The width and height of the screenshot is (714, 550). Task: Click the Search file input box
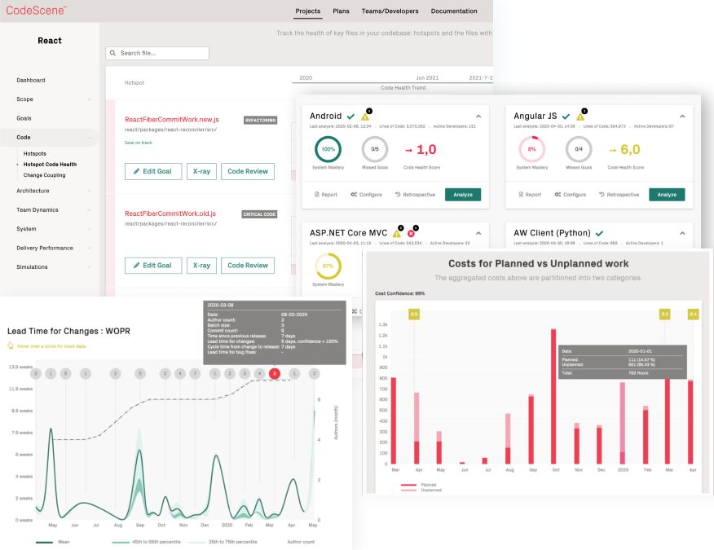pyautogui.click(x=157, y=53)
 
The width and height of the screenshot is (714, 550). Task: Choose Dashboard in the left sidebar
pyautogui.click(x=31, y=80)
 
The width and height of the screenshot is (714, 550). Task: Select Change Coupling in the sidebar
pyautogui.click(x=44, y=175)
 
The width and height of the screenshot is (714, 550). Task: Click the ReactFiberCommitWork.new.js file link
pyautogui.click(x=170, y=120)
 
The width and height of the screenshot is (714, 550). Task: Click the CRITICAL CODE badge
pyautogui.click(x=259, y=214)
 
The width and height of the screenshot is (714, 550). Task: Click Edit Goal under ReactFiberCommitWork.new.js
pyautogui.click(x=153, y=171)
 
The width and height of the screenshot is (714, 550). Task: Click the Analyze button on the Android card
pyautogui.click(x=462, y=195)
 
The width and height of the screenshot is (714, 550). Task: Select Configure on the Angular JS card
pyautogui.click(x=570, y=195)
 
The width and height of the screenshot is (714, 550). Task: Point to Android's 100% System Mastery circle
pyautogui.click(x=328, y=149)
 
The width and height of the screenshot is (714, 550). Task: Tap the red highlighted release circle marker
pyautogui.click(x=275, y=373)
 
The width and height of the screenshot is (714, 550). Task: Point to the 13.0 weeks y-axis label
pyautogui.click(x=20, y=367)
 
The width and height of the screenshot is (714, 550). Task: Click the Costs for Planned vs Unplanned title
pyautogui.click(x=538, y=264)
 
